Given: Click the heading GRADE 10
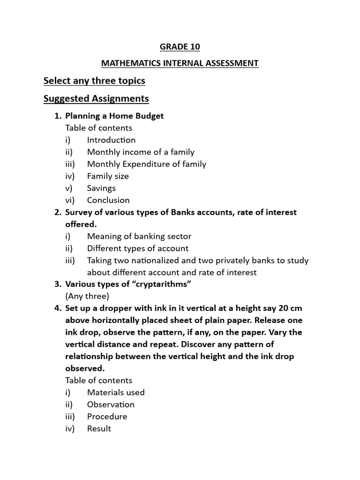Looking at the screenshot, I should (x=180, y=46).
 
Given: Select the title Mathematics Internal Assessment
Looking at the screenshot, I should (x=180, y=63).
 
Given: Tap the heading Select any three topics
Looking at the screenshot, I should (x=94, y=81).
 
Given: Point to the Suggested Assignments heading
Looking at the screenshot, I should (x=96, y=98).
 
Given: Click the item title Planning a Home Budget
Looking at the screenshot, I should (x=114, y=116).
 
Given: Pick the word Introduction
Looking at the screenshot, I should (x=111, y=140).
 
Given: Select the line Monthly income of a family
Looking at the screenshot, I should (x=141, y=152).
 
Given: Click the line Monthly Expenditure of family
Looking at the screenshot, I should (x=146, y=164).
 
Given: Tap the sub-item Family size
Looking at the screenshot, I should (x=108, y=176).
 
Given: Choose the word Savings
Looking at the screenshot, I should (x=101, y=188).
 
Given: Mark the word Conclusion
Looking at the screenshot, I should (x=108, y=200).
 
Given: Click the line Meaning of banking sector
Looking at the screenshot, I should (x=139, y=236).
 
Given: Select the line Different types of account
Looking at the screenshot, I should (x=138, y=248).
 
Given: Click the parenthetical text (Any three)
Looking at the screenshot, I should (x=87, y=296).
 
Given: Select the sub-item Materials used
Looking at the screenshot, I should (x=116, y=392).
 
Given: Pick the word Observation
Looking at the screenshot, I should (x=111, y=405).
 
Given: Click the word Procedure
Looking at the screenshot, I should (x=107, y=416).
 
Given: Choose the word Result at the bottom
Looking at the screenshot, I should (x=99, y=428).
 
